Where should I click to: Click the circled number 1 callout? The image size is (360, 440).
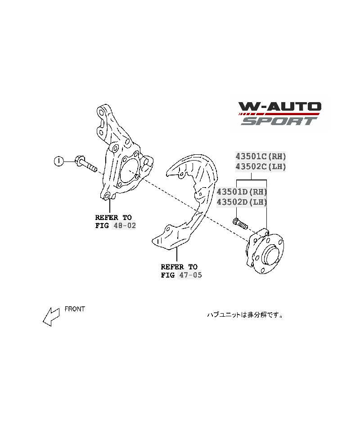pyautogui.click(x=58, y=161)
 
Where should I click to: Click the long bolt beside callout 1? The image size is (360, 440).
pyautogui.click(x=85, y=165)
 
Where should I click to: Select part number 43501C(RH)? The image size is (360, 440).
pyautogui.click(x=261, y=156)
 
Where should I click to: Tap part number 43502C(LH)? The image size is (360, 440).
pyautogui.click(x=261, y=166)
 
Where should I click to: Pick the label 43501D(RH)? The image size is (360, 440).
pyautogui.click(x=242, y=192)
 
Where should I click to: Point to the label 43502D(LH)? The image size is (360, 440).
pyautogui.click(x=242, y=202)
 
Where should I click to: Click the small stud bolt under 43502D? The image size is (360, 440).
pyautogui.click(x=240, y=223)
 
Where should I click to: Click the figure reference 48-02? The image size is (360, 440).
pyautogui.click(x=124, y=225)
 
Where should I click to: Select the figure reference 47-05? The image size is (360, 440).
pyautogui.click(x=190, y=275)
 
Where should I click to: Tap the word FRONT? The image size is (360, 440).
pyautogui.click(x=75, y=309)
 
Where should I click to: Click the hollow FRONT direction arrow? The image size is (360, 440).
pyautogui.click(x=51, y=317)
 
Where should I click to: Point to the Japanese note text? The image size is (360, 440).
pyautogui.click(x=245, y=315)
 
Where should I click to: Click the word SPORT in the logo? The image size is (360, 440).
pyautogui.click(x=279, y=121)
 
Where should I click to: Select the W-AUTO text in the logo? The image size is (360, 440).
pyautogui.click(x=280, y=107)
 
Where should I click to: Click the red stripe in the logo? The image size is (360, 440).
pyautogui.click(x=279, y=114)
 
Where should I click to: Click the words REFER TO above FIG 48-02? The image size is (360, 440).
pyautogui.click(x=113, y=217)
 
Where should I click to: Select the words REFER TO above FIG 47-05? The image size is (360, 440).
pyautogui.click(x=179, y=267)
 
